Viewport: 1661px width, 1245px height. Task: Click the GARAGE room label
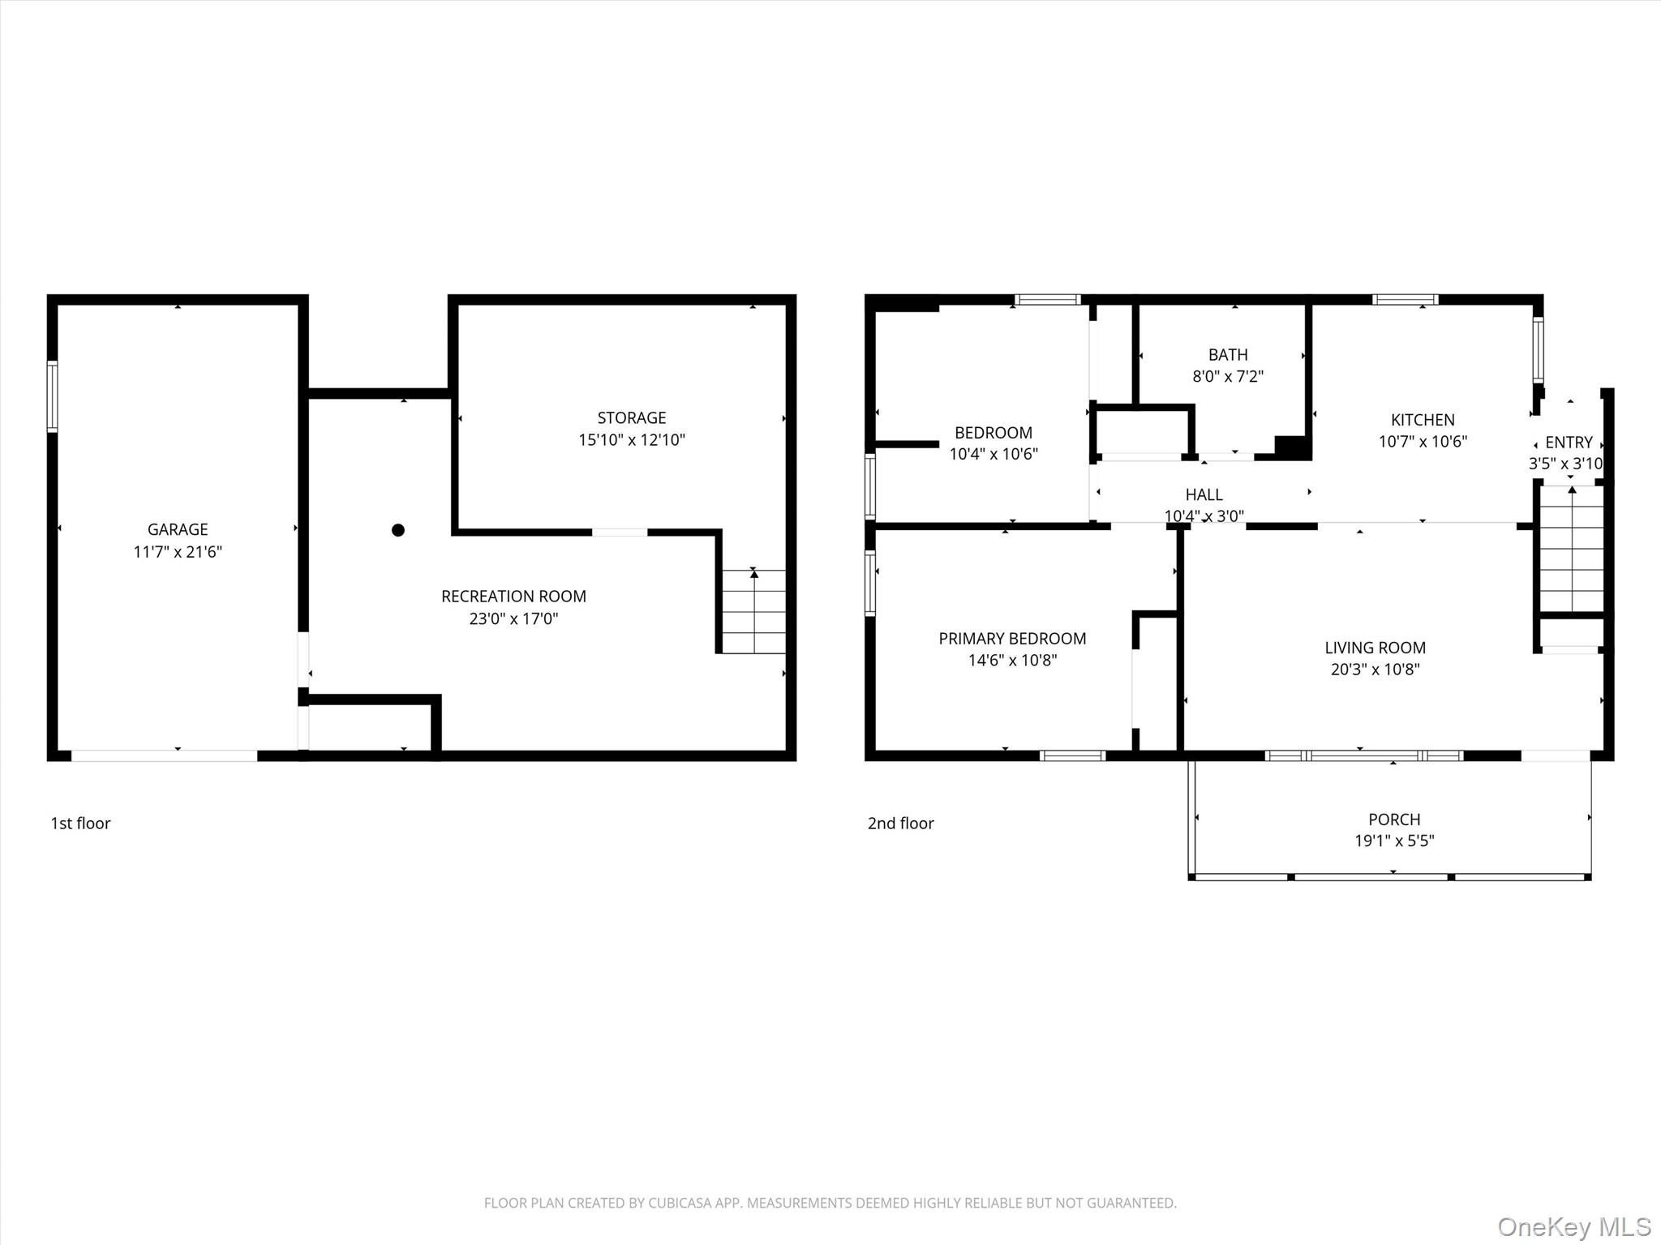[178, 529]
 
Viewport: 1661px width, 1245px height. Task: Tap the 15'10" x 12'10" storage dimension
[632, 440]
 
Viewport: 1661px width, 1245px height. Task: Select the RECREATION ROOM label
[513, 597]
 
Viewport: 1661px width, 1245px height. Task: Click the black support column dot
[398, 530]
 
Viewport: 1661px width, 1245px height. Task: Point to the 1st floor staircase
[753, 611]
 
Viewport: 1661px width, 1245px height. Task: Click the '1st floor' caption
[80, 824]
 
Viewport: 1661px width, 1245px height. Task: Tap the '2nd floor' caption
[901, 824]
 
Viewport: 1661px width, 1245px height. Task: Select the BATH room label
[1228, 355]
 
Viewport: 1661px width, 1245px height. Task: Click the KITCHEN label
[1423, 420]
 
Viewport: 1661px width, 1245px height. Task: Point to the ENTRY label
[1569, 443]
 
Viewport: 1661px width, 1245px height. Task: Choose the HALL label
[1204, 494]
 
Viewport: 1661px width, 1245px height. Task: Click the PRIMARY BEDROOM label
[1012, 639]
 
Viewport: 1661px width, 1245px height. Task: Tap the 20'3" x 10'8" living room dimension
[1375, 670]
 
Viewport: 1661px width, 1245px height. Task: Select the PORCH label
[1394, 819]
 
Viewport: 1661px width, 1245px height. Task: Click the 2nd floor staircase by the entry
[1572, 549]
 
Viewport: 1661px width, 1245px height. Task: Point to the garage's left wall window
[53, 396]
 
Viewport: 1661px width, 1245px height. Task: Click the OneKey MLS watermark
[1574, 1226]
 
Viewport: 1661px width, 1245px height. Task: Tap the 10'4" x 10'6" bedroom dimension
[994, 454]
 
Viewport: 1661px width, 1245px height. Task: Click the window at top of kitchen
[1406, 300]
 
